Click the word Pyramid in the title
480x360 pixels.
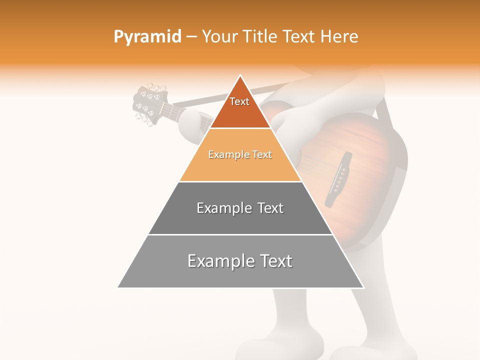tap(147, 37)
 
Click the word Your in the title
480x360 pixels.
tap(219, 37)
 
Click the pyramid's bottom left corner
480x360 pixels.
tap(118, 287)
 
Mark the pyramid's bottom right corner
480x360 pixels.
tap(363, 287)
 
